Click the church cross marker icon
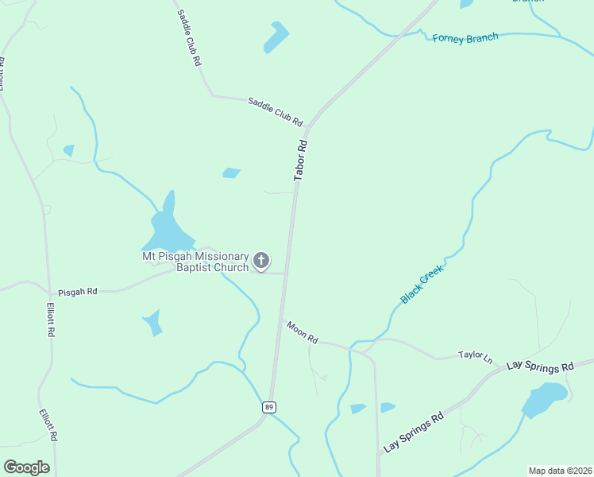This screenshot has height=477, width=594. point(261,260)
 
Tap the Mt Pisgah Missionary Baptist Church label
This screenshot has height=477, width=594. point(195,262)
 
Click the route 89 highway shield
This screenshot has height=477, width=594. point(270,407)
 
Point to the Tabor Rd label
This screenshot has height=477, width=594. point(300,161)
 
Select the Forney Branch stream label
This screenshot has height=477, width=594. point(465,37)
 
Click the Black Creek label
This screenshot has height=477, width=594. point(422,284)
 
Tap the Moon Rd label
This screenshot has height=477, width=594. point(303,332)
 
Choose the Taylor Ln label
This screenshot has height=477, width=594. point(476,355)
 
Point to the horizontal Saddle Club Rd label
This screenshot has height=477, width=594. point(276,111)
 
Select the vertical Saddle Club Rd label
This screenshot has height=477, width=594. point(189,38)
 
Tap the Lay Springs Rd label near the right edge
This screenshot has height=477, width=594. point(540,367)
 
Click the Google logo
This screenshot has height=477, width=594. point(27,467)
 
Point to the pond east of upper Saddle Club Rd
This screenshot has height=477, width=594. point(276,37)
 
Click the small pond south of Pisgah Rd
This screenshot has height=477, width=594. point(152,322)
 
